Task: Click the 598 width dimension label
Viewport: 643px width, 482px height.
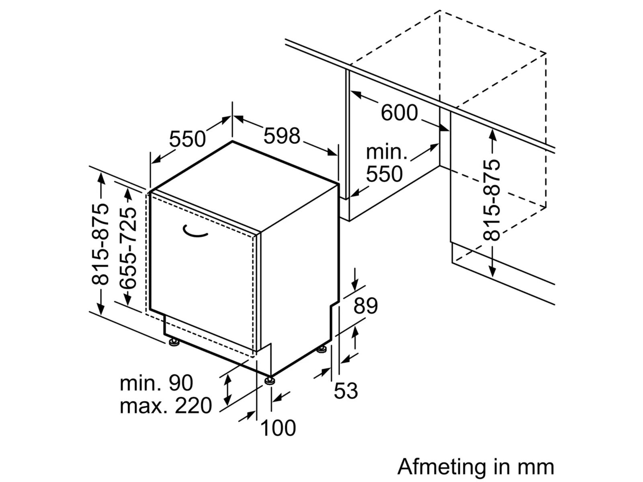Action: pos(282,136)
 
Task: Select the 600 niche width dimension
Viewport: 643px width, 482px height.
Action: pos(399,113)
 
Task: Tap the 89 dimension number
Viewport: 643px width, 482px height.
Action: pos(366,306)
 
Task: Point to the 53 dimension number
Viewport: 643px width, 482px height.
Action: pos(346,391)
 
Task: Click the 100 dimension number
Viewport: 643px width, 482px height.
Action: pos(278,428)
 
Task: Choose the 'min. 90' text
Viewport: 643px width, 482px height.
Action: pos(156,383)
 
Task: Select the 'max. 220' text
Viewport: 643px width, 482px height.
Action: pos(166,406)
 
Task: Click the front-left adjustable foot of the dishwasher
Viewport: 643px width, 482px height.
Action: pos(174,343)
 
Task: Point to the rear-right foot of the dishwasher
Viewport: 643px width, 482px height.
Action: pos(321,349)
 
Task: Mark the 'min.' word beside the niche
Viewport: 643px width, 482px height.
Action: pos(386,153)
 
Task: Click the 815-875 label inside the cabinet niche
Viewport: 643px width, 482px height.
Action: pos(493,200)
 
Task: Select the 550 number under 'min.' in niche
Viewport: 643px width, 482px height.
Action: pos(384,174)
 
